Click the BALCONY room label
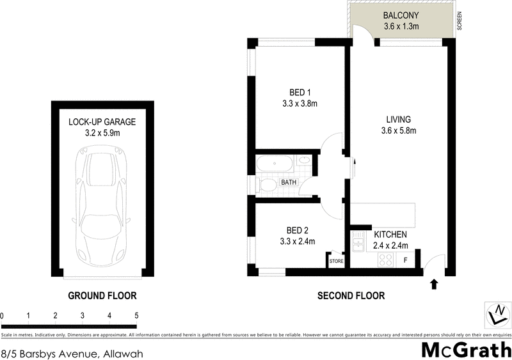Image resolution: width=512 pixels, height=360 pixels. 401,15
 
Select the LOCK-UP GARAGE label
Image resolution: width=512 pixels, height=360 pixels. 102,122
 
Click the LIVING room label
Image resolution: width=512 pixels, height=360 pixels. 398,120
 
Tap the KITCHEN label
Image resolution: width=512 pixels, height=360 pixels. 390,235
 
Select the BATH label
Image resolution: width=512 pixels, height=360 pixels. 289,182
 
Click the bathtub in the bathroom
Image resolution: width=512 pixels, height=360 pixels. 275,164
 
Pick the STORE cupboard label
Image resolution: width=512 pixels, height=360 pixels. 337,261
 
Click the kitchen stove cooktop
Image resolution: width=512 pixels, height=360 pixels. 386,259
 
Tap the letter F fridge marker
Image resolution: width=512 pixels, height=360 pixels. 404,260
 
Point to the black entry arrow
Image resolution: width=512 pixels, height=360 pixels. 435,284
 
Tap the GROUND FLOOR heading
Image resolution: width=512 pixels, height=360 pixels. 102,295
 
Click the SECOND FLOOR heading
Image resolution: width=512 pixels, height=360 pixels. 351,295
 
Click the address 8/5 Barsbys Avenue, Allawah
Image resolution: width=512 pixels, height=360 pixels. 71,353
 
